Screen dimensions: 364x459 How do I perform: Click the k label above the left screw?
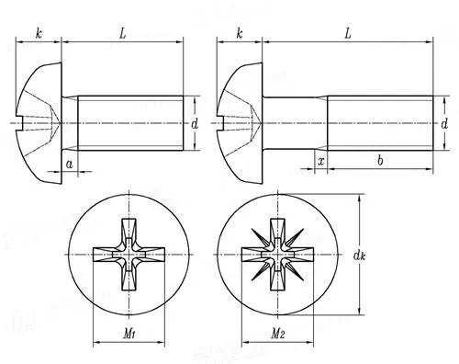tap(39, 33)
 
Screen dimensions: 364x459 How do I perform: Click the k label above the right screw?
tap(240, 33)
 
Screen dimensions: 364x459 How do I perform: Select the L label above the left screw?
tap(122, 33)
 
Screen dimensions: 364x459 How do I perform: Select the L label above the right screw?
tap(348, 33)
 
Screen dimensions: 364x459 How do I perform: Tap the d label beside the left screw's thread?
tap(196, 121)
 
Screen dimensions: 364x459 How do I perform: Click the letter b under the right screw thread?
tap(380, 161)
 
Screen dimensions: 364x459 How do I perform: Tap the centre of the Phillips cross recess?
tap(131, 249)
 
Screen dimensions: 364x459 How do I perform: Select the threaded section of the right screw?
tap(380, 120)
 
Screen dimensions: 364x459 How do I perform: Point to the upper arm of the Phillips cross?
tap(131, 226)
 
